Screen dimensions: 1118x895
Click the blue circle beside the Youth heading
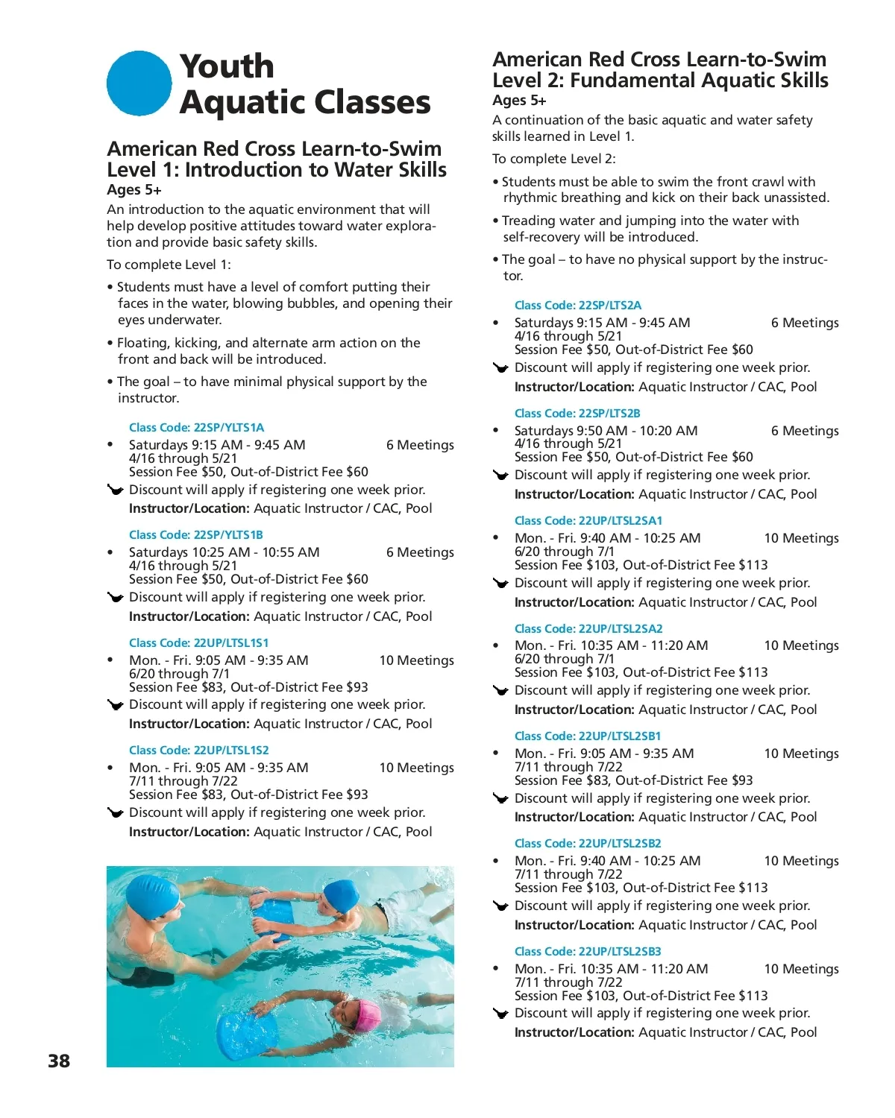click(x=139, y=83)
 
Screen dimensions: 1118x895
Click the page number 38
click(x=59, y=1061)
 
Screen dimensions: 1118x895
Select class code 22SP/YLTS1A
click(x=196, y=428)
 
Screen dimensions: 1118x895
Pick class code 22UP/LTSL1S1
click(x=198, y=643)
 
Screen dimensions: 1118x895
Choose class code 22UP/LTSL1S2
click(x=198, y=751)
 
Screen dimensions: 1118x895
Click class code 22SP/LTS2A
click(x=577, y=306)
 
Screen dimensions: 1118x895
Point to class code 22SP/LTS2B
click(x=577, y=414)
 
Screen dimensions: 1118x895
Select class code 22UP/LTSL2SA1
click(x=588, y=521)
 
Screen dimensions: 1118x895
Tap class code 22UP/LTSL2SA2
click(x=588, y=629)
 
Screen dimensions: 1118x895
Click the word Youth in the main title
click(x=227, y=66)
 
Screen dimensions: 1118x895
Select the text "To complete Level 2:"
click(x=553, y=159)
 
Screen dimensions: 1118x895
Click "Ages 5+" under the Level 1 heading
click(x=134, y=190)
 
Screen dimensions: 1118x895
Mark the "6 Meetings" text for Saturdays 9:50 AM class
click(x=804, y=431)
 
